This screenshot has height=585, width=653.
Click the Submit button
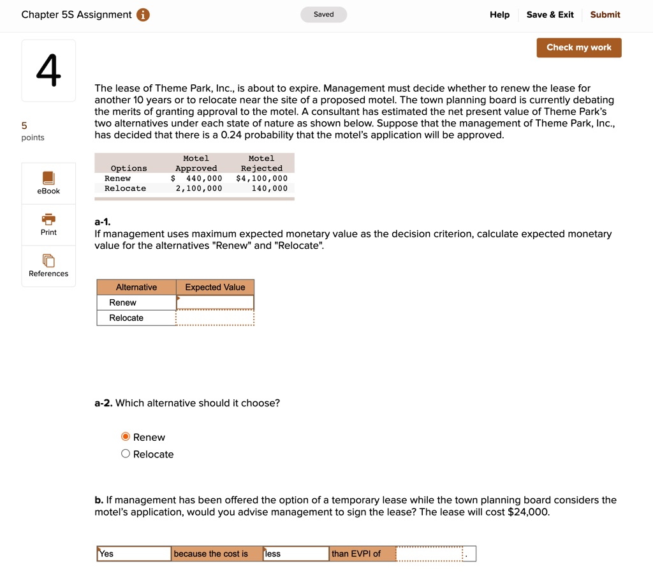pos(605,15)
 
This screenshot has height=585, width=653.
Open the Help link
pos(499,15)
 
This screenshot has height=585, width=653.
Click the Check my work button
pos(578,48)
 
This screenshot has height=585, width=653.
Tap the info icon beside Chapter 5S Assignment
pos(143,15)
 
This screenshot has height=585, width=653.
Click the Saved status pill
pos(323,15)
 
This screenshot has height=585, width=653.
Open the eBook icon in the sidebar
pos(48,178)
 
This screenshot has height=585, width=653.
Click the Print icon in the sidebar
pos(48,219)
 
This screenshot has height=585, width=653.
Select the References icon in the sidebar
pos(48,260)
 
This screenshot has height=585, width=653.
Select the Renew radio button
pos(126,437)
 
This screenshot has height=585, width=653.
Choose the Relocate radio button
pos(126,454)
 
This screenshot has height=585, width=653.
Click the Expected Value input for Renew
pos(215,302)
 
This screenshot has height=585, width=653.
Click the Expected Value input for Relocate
pos(215,318)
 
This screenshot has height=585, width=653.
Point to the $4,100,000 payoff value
pos(261,179)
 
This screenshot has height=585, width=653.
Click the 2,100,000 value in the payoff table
pos(199,189)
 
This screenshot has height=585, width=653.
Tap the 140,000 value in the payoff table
pos(269,189)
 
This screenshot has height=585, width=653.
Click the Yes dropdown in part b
pos(134,554)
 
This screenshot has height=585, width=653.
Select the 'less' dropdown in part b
pos(296,554)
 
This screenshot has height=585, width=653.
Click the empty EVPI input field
pos(429,554)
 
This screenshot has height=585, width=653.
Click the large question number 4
pos(48,70)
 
